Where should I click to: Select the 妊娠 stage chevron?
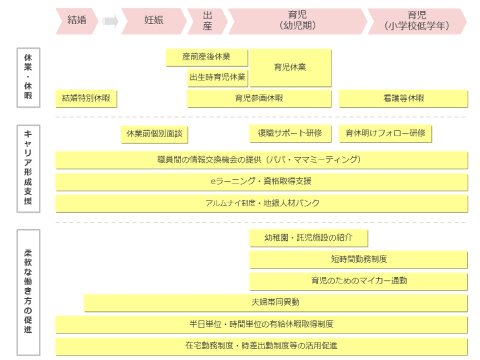tap(153, 21)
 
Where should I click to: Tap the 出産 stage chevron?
tap(207, 21)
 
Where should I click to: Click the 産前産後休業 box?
tap(206, 57)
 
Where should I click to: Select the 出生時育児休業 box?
tap(217, 77)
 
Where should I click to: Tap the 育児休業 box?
tap(290, 67)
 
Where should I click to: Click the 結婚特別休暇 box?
tap(86, 99)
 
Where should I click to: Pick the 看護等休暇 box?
tap(403, 99)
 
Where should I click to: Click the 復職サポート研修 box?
tap(289, 133)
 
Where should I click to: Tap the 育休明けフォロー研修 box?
tap(385, 133)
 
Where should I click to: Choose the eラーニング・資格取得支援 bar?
tap(261, 181)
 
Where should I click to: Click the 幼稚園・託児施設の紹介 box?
tap(308, 238)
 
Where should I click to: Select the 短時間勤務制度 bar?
tap(358, 259)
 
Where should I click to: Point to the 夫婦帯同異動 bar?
tap(276, 302)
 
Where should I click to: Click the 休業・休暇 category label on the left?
tap(28, 77)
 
